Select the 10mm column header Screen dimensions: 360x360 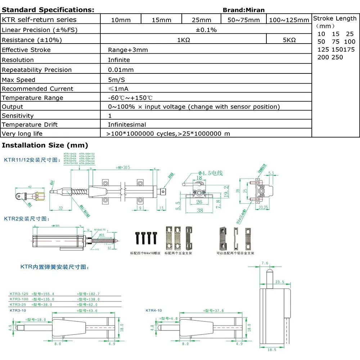click(x=121, y=20)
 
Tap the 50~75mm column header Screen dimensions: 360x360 click(x=244, y=20)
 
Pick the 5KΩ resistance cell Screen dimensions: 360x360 click(x=289, y=40)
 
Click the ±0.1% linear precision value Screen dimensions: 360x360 click(x=206, y=30)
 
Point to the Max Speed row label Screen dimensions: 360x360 click(x=19, y=80)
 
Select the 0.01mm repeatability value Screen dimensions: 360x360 click(x=121, y=70)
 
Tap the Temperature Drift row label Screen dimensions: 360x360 click(x=30, y=125)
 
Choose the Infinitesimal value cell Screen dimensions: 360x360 click(x=127, y=125)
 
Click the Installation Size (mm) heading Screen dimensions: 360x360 click(x=45, y=145)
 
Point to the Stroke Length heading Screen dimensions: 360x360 click(x=335, y=18)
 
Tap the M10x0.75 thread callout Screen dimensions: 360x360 click(x=100, y=229)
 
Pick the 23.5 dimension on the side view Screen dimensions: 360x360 click(x=279, y=282)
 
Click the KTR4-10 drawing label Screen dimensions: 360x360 click(x=154, y=310)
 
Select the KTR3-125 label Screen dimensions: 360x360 click(x=19, y=294)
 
